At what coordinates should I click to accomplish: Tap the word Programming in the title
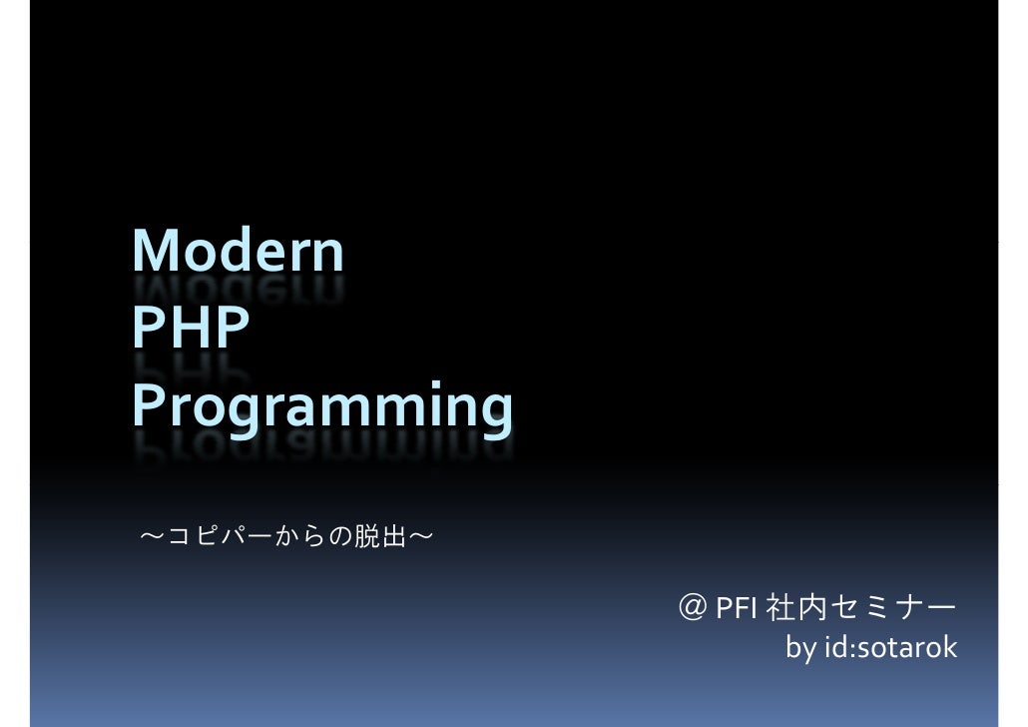[x=322, y=409]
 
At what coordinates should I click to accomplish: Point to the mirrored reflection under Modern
[x=238, y=290]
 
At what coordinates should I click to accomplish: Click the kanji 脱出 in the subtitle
[x=380, y=538]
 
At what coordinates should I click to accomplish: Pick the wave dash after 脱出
[x=420, y=538]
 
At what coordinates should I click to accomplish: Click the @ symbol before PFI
[x=690, y=607]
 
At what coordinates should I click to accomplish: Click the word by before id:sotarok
[x=799, y=649]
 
